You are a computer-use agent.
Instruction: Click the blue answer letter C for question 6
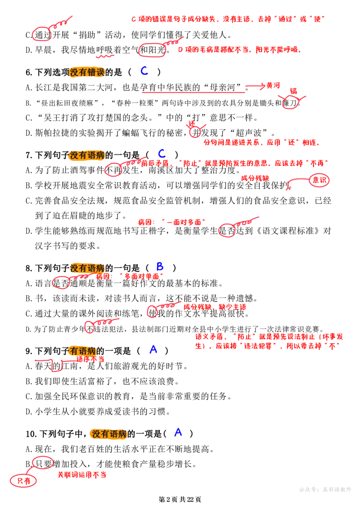click(x=144, y=71)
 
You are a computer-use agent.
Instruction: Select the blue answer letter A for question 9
click(x=153, y=349)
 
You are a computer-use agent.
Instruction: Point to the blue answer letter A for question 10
click(x=178, y=432)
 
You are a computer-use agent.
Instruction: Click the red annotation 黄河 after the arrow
click(x=273, y=86)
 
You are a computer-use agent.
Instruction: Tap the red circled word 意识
click(x=319, y=180)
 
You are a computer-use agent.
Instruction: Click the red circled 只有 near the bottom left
click(x=23, y=481)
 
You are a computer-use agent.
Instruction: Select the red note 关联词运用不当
click(x=82, y=475)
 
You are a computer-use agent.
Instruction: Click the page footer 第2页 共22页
click(x=180, y=499)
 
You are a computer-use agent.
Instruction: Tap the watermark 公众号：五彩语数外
click(x=325, y=489)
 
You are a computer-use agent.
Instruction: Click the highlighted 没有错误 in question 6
click(x=87, y=72)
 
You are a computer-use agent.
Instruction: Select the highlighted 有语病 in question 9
click(x=83, y=351)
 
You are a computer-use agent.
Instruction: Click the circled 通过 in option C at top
click(x=43, y=35)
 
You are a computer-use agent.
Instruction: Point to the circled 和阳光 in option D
click(x=152, y=50)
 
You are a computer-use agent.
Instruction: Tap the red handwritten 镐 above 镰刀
click(x=293, y=91)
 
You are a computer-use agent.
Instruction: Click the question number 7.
click(x=28, y=155)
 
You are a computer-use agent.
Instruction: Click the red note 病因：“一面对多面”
click(x=171, y=222)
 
